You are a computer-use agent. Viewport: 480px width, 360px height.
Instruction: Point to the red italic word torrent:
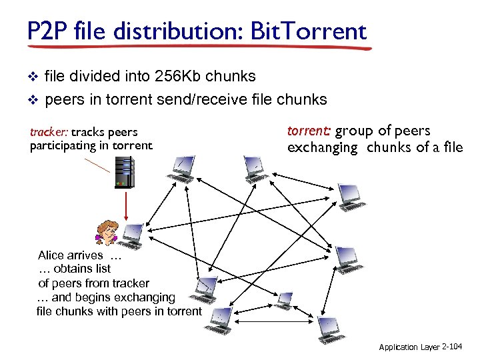click(x=309, y=131)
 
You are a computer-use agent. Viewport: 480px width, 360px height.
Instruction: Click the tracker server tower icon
click(x=123, y=172)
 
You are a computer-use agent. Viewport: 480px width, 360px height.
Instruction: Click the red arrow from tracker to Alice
click(x=125, y=204)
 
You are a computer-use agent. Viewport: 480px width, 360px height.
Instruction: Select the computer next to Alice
click(x=132, y=235)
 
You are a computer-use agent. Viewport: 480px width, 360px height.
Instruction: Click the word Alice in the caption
click(x=52, y=255)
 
